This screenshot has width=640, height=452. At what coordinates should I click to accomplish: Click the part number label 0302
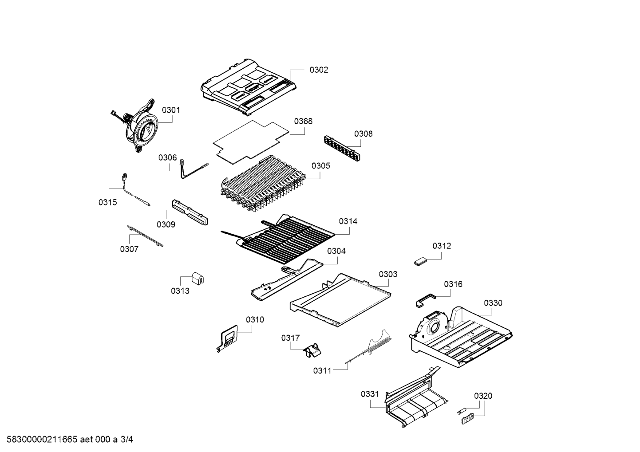tap(319, 70)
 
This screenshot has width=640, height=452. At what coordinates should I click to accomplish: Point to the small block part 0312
tap(420, 262)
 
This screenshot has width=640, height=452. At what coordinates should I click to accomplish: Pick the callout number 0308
tap(363, 134)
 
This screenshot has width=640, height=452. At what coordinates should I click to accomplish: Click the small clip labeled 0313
tap(198, 279)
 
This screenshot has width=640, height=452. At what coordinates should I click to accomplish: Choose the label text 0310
tap(255, 319)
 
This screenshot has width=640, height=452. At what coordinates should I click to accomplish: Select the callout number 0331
tap(370, 393)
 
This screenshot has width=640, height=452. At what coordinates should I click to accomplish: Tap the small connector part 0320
tap(466, 417)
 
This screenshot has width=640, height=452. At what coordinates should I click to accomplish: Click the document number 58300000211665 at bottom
tap(42, 440)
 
